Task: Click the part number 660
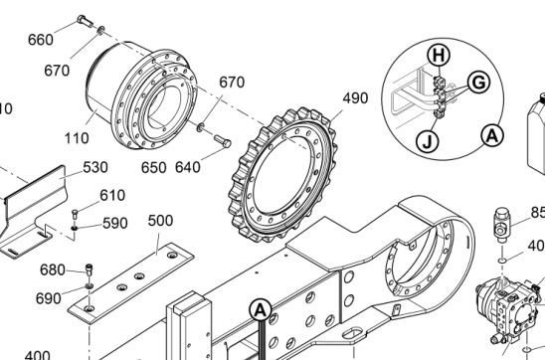coord(41,40)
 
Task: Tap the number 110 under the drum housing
coord(77,138)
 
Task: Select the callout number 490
coord(355,98)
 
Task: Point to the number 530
coord(95,167)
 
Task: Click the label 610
coord(112,195)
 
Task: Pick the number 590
coord(115,223)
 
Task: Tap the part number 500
coord(160,221)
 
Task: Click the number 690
coord(49,298)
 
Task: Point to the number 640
coord(188,167)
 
